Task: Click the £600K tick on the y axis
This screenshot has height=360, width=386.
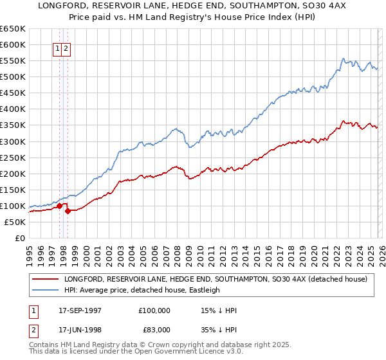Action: click(x=13, y=44)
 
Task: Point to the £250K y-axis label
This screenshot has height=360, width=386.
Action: click(x=13, y=157)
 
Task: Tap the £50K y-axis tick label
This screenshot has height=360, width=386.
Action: click(x=15, y=222)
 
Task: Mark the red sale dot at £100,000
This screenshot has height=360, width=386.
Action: click(x=59, y=206)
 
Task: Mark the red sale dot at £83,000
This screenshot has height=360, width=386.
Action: click(x=68, y=211)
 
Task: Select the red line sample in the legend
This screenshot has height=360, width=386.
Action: click(x=45, y=279)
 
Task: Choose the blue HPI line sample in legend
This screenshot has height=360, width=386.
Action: click(x=45, y=290)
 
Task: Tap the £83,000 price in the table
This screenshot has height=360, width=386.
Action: click(x=154, y=329)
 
